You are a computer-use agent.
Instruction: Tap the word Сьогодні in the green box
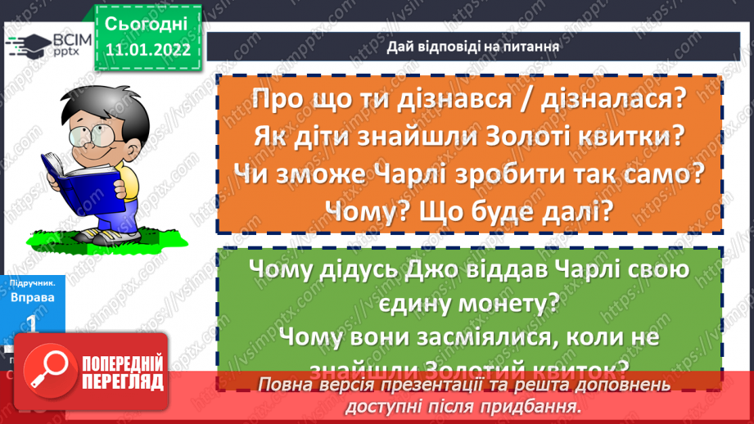coord(147,23)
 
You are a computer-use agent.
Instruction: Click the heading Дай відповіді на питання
coord(473,47)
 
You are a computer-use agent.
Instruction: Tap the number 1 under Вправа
coord(33,323)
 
